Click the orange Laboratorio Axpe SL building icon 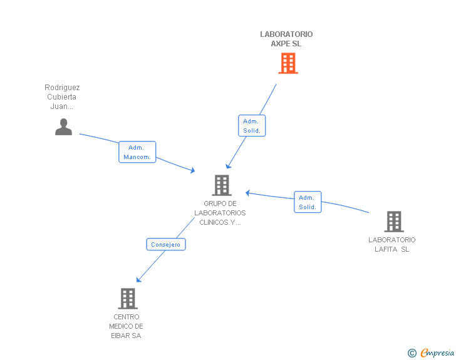[288, 63]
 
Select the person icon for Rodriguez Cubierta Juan [63, 126]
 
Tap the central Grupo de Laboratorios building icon [222, 185]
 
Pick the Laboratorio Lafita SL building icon [393, 222]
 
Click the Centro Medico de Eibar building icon [127, 299]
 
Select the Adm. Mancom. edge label [137, 152]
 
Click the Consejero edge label [166, 245]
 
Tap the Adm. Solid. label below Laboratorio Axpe [252, 126]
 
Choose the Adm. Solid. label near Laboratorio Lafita [308, 202]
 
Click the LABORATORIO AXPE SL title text [286, 39]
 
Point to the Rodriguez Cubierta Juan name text [62, 97]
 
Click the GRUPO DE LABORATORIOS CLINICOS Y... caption [220, 213]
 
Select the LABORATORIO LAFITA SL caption [391, 244]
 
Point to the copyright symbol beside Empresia [412, 353]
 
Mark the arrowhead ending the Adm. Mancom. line [193, 171]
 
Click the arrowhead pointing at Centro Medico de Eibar [138, 280]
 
